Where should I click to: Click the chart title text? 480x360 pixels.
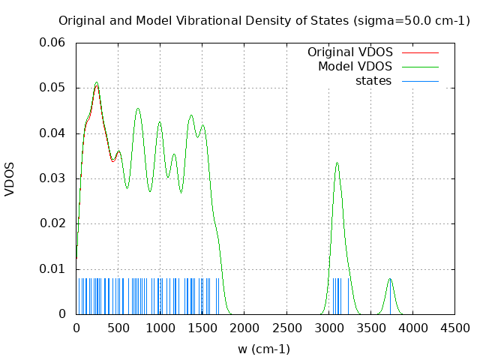(x=264, y=20)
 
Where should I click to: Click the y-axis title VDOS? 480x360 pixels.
(x=10, y=178)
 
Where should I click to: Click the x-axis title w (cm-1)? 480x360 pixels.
(x=264, y=349)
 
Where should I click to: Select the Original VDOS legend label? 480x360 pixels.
(x=349, y=52)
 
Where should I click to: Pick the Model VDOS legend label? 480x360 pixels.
(x=355, y=67)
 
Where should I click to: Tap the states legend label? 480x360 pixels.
(x=373, y=81)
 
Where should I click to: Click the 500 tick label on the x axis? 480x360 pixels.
(x=118, y=328)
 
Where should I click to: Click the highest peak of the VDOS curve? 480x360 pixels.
(x=96, y=82)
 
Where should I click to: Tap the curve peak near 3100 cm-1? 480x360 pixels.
(x=337, y=163)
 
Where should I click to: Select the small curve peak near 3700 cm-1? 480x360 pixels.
(x=389, y=279)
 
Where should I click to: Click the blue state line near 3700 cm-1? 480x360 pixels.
(x=390, y=296)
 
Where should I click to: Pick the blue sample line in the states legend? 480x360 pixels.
(x=420, y=81)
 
